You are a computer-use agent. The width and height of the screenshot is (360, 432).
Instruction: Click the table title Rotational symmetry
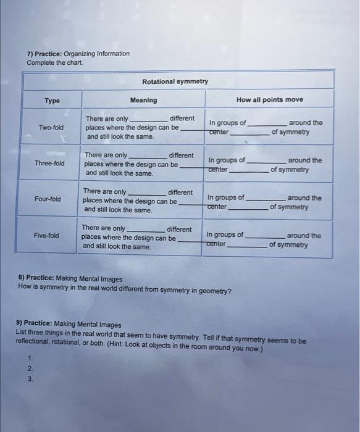175,81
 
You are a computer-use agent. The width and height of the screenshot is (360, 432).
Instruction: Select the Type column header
52,100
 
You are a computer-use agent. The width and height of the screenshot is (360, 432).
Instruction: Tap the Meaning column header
143,100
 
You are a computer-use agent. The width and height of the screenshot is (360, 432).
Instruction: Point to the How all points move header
269,99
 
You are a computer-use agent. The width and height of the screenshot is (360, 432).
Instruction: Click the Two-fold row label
51,128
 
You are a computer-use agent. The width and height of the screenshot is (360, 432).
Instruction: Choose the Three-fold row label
49,164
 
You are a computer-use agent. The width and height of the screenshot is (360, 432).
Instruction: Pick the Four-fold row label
48,199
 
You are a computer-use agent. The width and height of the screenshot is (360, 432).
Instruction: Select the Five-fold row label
46,236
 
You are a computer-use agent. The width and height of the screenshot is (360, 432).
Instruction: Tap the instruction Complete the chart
54,62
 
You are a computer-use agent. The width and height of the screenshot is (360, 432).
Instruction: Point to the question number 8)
21,279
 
